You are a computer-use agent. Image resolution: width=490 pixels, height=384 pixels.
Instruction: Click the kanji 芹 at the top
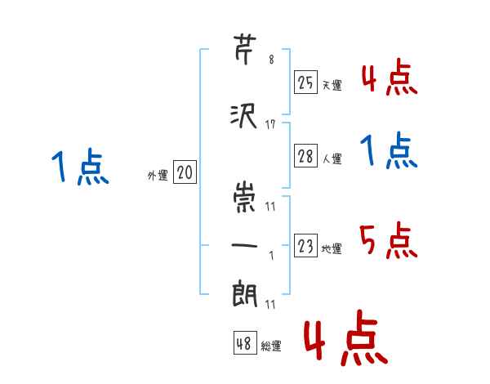click(245, 50)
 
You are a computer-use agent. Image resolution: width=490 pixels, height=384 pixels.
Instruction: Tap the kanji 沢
click(243, 116)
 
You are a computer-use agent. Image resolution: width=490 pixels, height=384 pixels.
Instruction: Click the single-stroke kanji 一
click(244, 245)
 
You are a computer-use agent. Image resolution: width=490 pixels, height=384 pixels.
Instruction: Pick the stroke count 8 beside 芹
click(271, 60)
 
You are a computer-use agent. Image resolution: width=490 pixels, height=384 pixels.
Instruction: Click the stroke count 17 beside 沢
click(270, 125)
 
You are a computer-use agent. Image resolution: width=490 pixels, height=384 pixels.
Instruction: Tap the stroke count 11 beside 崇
click(270, 207)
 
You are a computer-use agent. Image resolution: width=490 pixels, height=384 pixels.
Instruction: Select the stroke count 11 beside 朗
click(270, 304)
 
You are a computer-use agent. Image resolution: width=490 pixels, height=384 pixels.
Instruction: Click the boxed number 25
click(305, 83)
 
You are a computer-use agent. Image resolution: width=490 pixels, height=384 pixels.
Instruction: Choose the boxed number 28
click(305, 156)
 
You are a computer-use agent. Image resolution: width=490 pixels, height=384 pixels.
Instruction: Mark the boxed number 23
click(305, 245)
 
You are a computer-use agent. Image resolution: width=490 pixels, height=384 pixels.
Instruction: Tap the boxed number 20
click(185, 172)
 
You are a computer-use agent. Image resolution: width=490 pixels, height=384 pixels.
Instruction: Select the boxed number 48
click(245, 343)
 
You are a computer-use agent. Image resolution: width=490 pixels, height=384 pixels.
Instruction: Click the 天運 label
click(332, 85)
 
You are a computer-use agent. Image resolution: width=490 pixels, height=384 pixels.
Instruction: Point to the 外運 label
click(158, 176)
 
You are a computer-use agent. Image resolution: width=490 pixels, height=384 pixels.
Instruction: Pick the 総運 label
click(271, 346)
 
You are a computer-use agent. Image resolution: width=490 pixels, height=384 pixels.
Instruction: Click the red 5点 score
click(389, 240)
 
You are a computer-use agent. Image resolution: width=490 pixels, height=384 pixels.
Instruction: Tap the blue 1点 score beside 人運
click(389, 150)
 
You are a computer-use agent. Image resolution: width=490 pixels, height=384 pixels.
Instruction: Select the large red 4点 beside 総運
click(346, 337)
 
